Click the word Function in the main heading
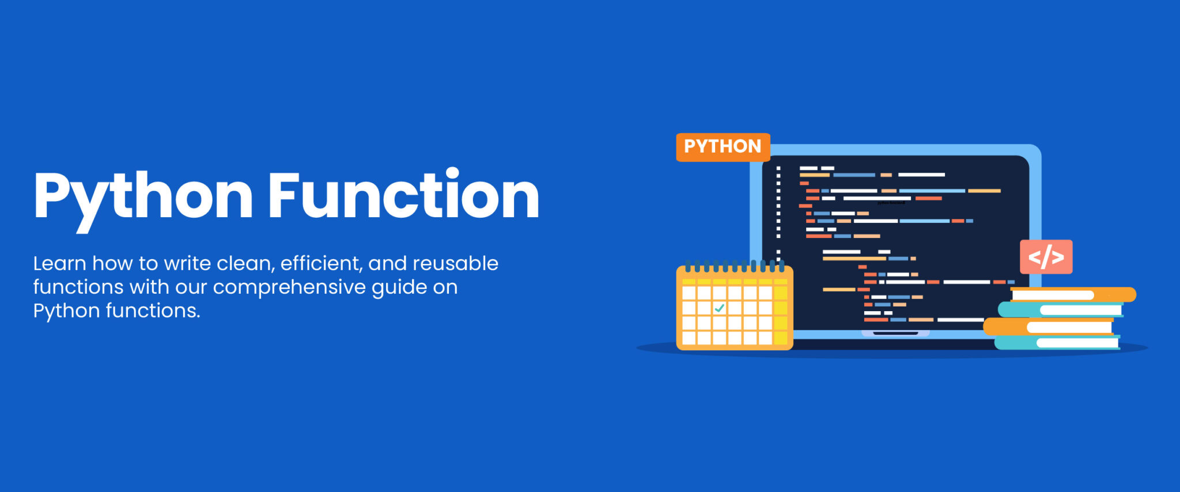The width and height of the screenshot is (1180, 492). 403,196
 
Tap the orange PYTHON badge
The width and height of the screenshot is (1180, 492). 723,147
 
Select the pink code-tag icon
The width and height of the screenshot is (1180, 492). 1046,257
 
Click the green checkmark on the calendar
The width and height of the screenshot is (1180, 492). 719,308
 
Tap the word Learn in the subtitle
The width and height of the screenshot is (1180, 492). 59,264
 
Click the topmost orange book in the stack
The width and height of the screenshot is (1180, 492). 1072,295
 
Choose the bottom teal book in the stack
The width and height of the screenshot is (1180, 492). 1058,343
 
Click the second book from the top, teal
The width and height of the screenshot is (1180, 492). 1060,310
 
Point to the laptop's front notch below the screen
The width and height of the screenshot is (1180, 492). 895,333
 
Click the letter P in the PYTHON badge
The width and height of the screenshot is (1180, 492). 690,147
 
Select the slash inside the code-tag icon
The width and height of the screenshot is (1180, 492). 1046,257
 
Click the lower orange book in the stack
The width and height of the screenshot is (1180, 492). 1049,327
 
